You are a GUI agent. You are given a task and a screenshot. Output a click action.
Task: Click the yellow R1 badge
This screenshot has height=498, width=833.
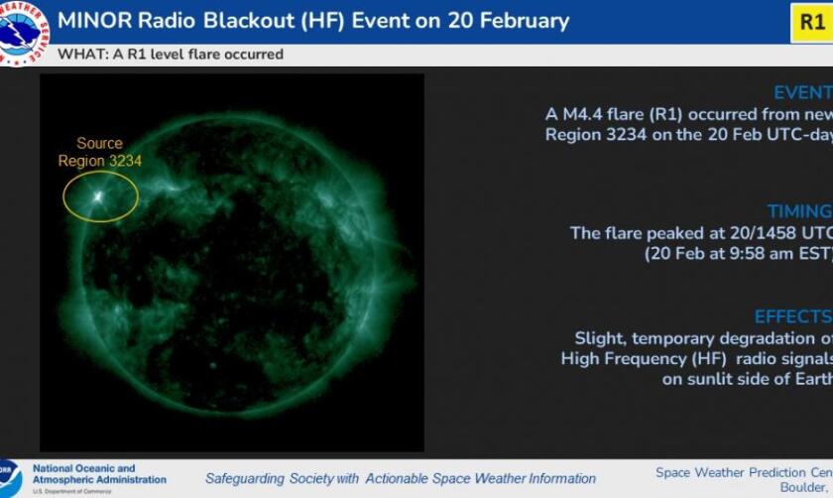tap(812, 21)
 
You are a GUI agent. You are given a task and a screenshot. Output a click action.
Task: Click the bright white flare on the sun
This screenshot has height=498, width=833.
tap(98, 195)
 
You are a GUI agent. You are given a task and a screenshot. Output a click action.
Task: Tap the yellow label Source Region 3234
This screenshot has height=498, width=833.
tap(99, 153)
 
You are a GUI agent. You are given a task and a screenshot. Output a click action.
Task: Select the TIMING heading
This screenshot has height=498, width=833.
tap(799, 211)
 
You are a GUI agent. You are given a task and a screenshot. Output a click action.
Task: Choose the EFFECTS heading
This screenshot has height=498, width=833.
tap(792, 316)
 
